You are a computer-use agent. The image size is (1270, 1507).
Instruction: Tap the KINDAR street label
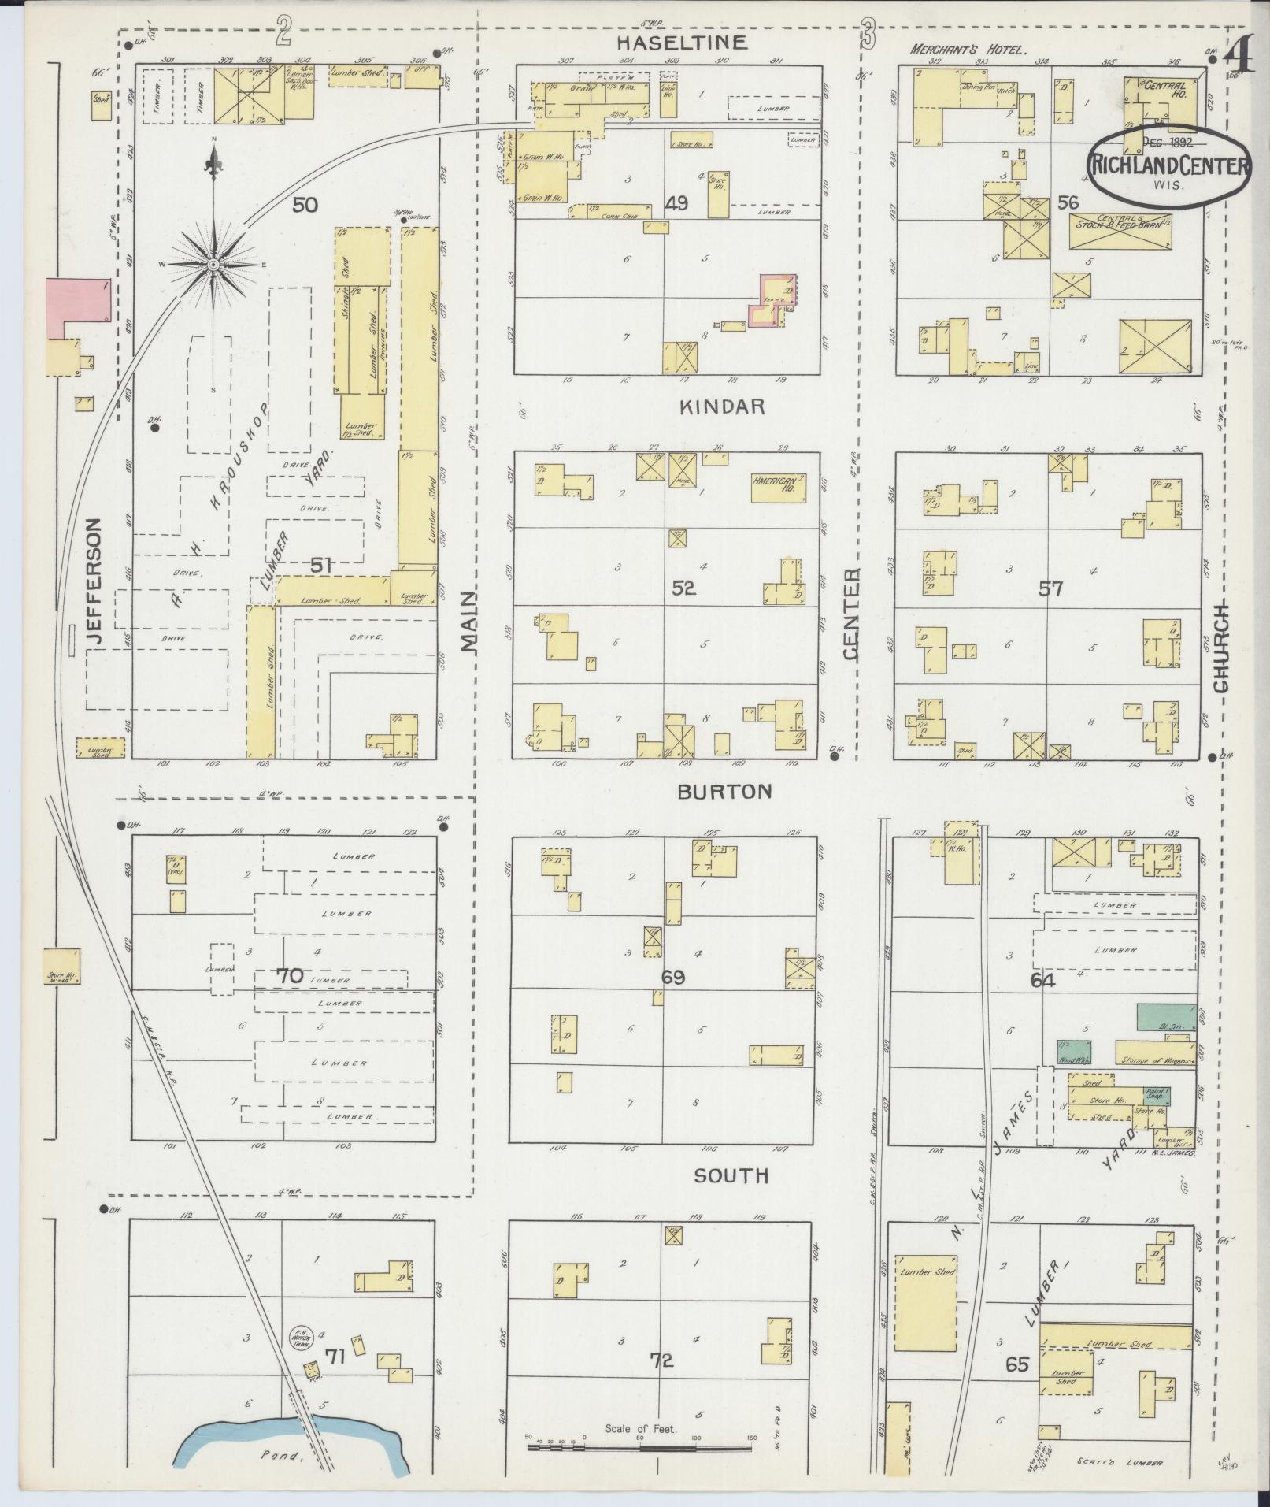(722, 406)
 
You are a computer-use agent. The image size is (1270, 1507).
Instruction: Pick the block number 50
(305, 206)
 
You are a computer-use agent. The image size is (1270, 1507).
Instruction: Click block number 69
(672, 978)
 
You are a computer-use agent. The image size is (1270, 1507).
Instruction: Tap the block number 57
(1050, 588)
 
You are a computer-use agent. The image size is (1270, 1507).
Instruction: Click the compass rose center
(214, 265)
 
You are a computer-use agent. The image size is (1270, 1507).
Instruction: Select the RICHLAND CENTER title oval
(1169, 166)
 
